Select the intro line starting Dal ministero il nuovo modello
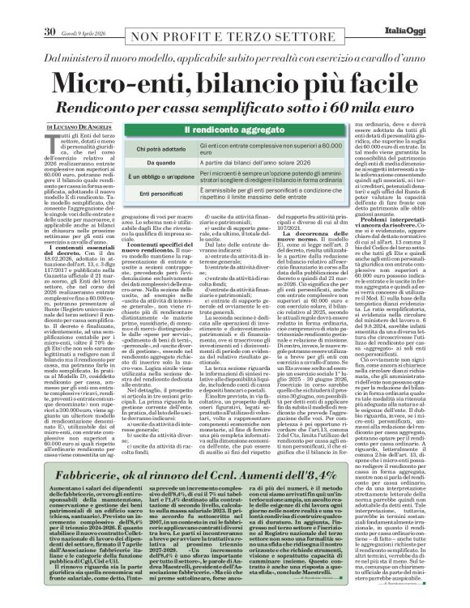point(235,59)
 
